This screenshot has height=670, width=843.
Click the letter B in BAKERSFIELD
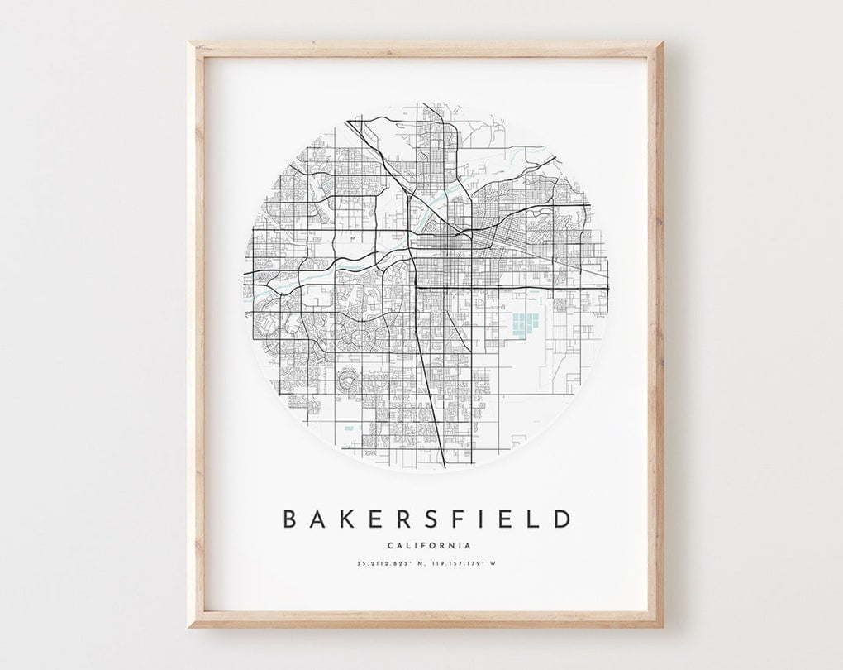291,519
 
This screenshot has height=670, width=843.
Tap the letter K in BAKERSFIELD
345,519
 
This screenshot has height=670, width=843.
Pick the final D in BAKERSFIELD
562,519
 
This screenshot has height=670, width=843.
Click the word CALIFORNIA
428,545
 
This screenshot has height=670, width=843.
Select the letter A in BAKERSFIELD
318,519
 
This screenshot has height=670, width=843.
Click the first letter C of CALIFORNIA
388,545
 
